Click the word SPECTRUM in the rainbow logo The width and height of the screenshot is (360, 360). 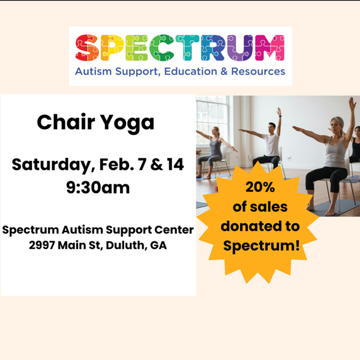tap(180, 49)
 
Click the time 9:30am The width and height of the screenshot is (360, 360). tap(98, 187)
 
